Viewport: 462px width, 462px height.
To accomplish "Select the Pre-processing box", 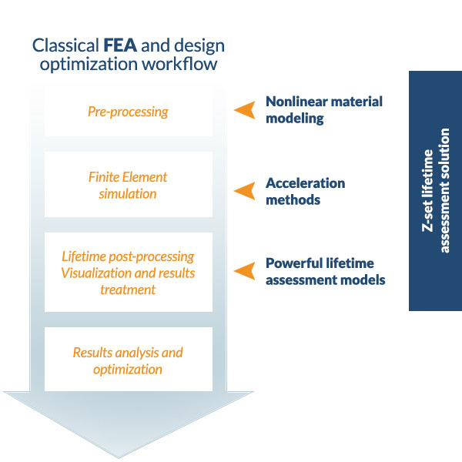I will pos(128,112).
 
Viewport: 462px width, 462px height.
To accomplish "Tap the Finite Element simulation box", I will pos(128,185).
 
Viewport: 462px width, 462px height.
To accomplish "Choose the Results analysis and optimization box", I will pos(128,360).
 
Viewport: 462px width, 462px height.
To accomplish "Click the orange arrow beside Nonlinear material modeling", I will pos(245,109).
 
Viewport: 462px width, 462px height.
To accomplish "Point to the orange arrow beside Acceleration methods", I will pos(245,190).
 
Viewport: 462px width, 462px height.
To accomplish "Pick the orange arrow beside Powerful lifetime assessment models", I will pos(245,270).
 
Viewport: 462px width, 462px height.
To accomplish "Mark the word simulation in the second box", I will pos(128,193).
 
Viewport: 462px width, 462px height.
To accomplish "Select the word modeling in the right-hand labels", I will pos(293,119).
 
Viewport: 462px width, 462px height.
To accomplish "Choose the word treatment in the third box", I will pos(128,290).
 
